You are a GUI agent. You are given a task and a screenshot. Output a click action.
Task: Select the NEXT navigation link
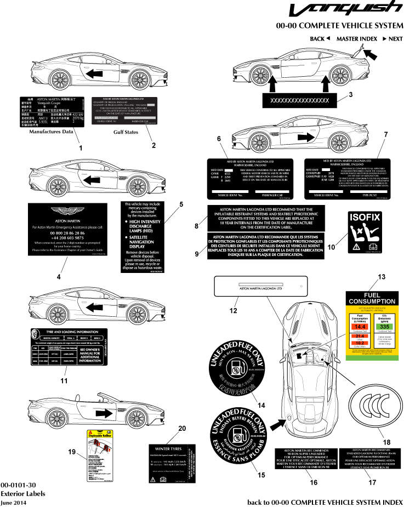392,39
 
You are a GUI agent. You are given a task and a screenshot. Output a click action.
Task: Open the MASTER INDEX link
356,39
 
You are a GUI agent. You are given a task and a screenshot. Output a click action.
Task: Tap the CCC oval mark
373,408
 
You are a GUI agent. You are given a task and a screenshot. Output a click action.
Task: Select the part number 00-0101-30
19,485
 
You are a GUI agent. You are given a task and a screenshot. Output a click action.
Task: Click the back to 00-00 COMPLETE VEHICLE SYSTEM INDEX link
325,502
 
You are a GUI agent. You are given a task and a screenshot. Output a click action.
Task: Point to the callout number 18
372,442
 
